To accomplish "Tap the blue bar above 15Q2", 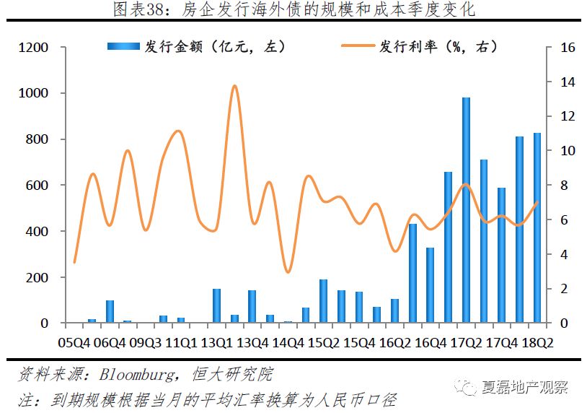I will click(x=323, y=301).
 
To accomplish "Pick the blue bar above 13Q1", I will click(x=216, y=305).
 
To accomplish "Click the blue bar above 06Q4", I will click(x=110, y=311).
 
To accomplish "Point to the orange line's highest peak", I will click(x=234, y=86).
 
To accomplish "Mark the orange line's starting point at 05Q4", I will click(x=74, y=262).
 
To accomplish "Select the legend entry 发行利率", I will click(x=418, y=47).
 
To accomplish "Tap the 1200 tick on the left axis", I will click(x=34, y=48).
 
